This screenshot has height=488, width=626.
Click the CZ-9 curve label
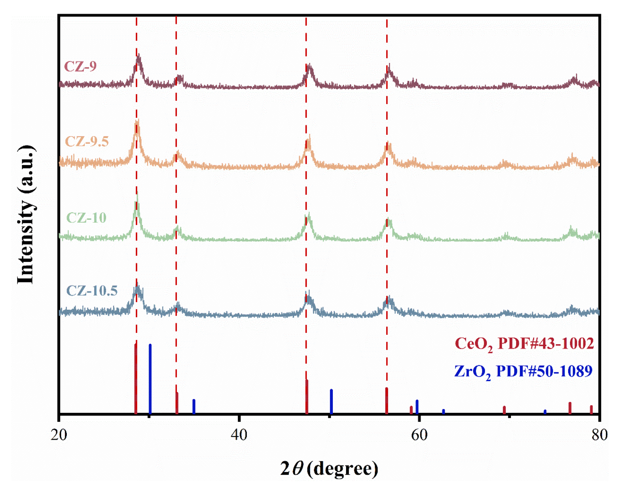point(80,66)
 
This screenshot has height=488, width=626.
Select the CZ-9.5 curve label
point(87,141)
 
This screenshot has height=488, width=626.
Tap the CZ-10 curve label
point(86,218)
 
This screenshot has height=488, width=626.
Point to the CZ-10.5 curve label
point(92,291)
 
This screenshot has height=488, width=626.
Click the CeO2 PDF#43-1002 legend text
point(524,344)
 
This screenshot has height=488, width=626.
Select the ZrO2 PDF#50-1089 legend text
point(523,371)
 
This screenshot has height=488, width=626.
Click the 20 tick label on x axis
point(59,435)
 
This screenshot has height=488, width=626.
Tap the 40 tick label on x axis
point(239,435)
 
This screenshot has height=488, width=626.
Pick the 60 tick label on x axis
point(419,435)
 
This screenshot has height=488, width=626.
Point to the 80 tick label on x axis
point(599,435)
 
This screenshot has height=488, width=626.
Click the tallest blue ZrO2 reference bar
point(150,378)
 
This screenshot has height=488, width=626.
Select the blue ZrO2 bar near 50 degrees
point(331,401)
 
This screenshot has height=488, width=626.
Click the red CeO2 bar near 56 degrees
point(386,401)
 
